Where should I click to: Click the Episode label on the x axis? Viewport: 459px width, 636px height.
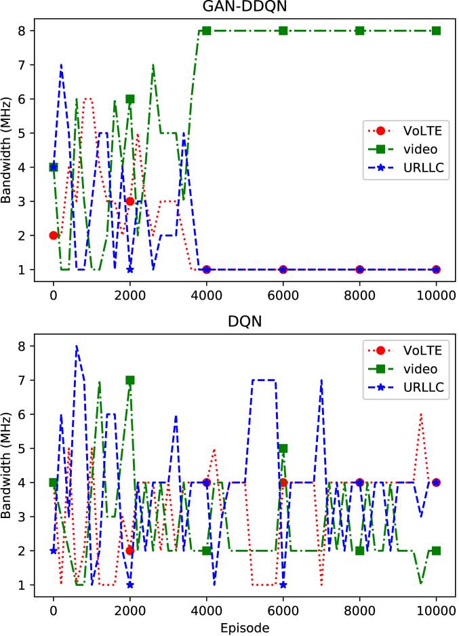click(245, 629)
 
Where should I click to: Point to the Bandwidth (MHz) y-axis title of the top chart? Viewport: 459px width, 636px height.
click(7, 151)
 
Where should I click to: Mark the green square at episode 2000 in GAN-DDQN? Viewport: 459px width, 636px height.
click(130, 99)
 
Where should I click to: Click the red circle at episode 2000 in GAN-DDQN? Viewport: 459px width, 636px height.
click(130, 201)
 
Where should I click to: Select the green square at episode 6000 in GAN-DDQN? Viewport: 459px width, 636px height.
click(283, 31)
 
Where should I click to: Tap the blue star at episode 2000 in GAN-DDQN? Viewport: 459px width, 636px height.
click(130, 270)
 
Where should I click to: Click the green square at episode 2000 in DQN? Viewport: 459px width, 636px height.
click(130, 380)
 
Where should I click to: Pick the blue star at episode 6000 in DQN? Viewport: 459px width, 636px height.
click(283, 584)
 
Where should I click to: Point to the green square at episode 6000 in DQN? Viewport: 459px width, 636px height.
click(283, 448)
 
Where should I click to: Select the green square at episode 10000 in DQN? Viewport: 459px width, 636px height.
click(437, 551)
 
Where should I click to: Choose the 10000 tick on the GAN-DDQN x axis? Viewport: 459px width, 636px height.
click(437, 296)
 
